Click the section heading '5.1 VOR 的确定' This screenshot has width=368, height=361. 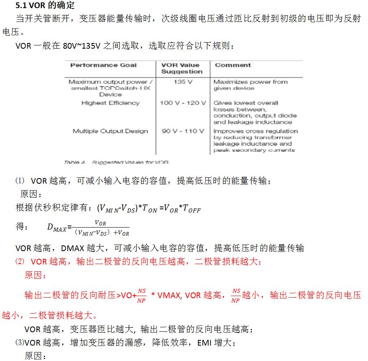click(45, 6)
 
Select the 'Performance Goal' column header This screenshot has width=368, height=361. click(103, 65)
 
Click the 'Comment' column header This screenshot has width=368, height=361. click(233, 65)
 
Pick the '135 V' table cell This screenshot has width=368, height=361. click(182, 82)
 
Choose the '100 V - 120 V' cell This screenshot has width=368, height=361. click(183, 103)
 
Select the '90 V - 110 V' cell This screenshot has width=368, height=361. click(183, 131)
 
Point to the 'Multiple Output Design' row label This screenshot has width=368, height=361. click(110, 131)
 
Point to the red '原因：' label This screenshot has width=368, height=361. click(35, 276)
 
